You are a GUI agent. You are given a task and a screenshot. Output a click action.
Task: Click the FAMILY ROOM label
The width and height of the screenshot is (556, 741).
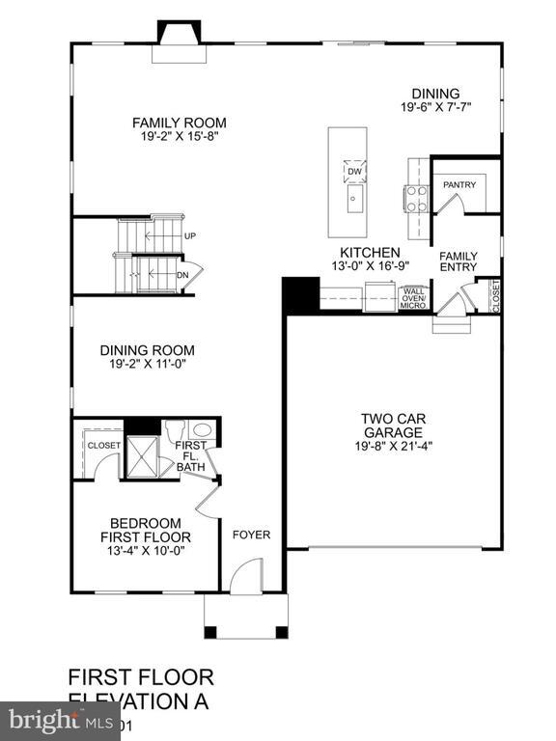point(179,123)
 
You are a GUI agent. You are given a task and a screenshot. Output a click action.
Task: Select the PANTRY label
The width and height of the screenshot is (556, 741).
point(460,183)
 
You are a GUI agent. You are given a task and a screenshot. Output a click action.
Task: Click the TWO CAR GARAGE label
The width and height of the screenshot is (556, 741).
point(394,425)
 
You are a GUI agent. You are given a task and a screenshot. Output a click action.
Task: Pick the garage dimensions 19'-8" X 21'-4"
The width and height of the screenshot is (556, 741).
point(394,446)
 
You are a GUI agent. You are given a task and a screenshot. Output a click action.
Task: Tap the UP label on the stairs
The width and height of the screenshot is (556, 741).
point(190,235)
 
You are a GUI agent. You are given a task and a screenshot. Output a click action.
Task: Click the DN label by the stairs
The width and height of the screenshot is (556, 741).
point(182,275)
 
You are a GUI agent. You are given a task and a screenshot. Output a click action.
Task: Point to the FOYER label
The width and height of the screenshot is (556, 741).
point(251,535)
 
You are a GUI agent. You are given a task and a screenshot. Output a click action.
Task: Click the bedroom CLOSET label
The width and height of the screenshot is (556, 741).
point(103,446)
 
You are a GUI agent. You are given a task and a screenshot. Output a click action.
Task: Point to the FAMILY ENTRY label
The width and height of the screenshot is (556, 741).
point(459,261)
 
